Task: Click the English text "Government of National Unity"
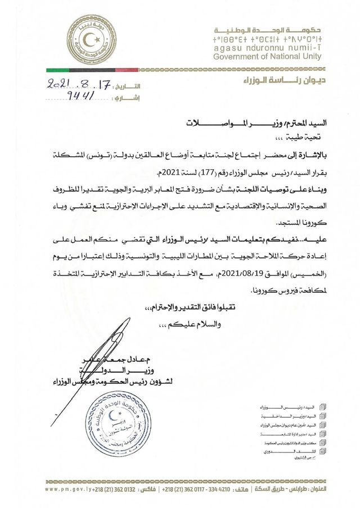[268, 57]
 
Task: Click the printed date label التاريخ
[129, 88]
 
